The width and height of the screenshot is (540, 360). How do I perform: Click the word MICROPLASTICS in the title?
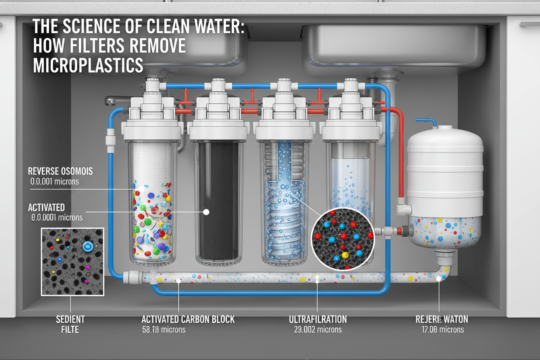88,64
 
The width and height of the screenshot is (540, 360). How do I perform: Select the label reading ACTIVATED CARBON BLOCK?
188,319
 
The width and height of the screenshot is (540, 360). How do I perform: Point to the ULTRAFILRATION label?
318,319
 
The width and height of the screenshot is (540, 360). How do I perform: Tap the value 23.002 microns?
315,330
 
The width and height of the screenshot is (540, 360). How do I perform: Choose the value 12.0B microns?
442,330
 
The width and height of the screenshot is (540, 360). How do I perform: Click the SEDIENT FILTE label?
70,325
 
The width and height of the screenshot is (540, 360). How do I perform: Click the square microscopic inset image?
72,261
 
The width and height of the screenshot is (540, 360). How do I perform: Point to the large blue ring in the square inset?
87,246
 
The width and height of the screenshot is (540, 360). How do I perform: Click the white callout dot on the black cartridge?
206,212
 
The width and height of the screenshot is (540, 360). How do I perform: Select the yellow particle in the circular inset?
345,255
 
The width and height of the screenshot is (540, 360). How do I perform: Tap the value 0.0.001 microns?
55,182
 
